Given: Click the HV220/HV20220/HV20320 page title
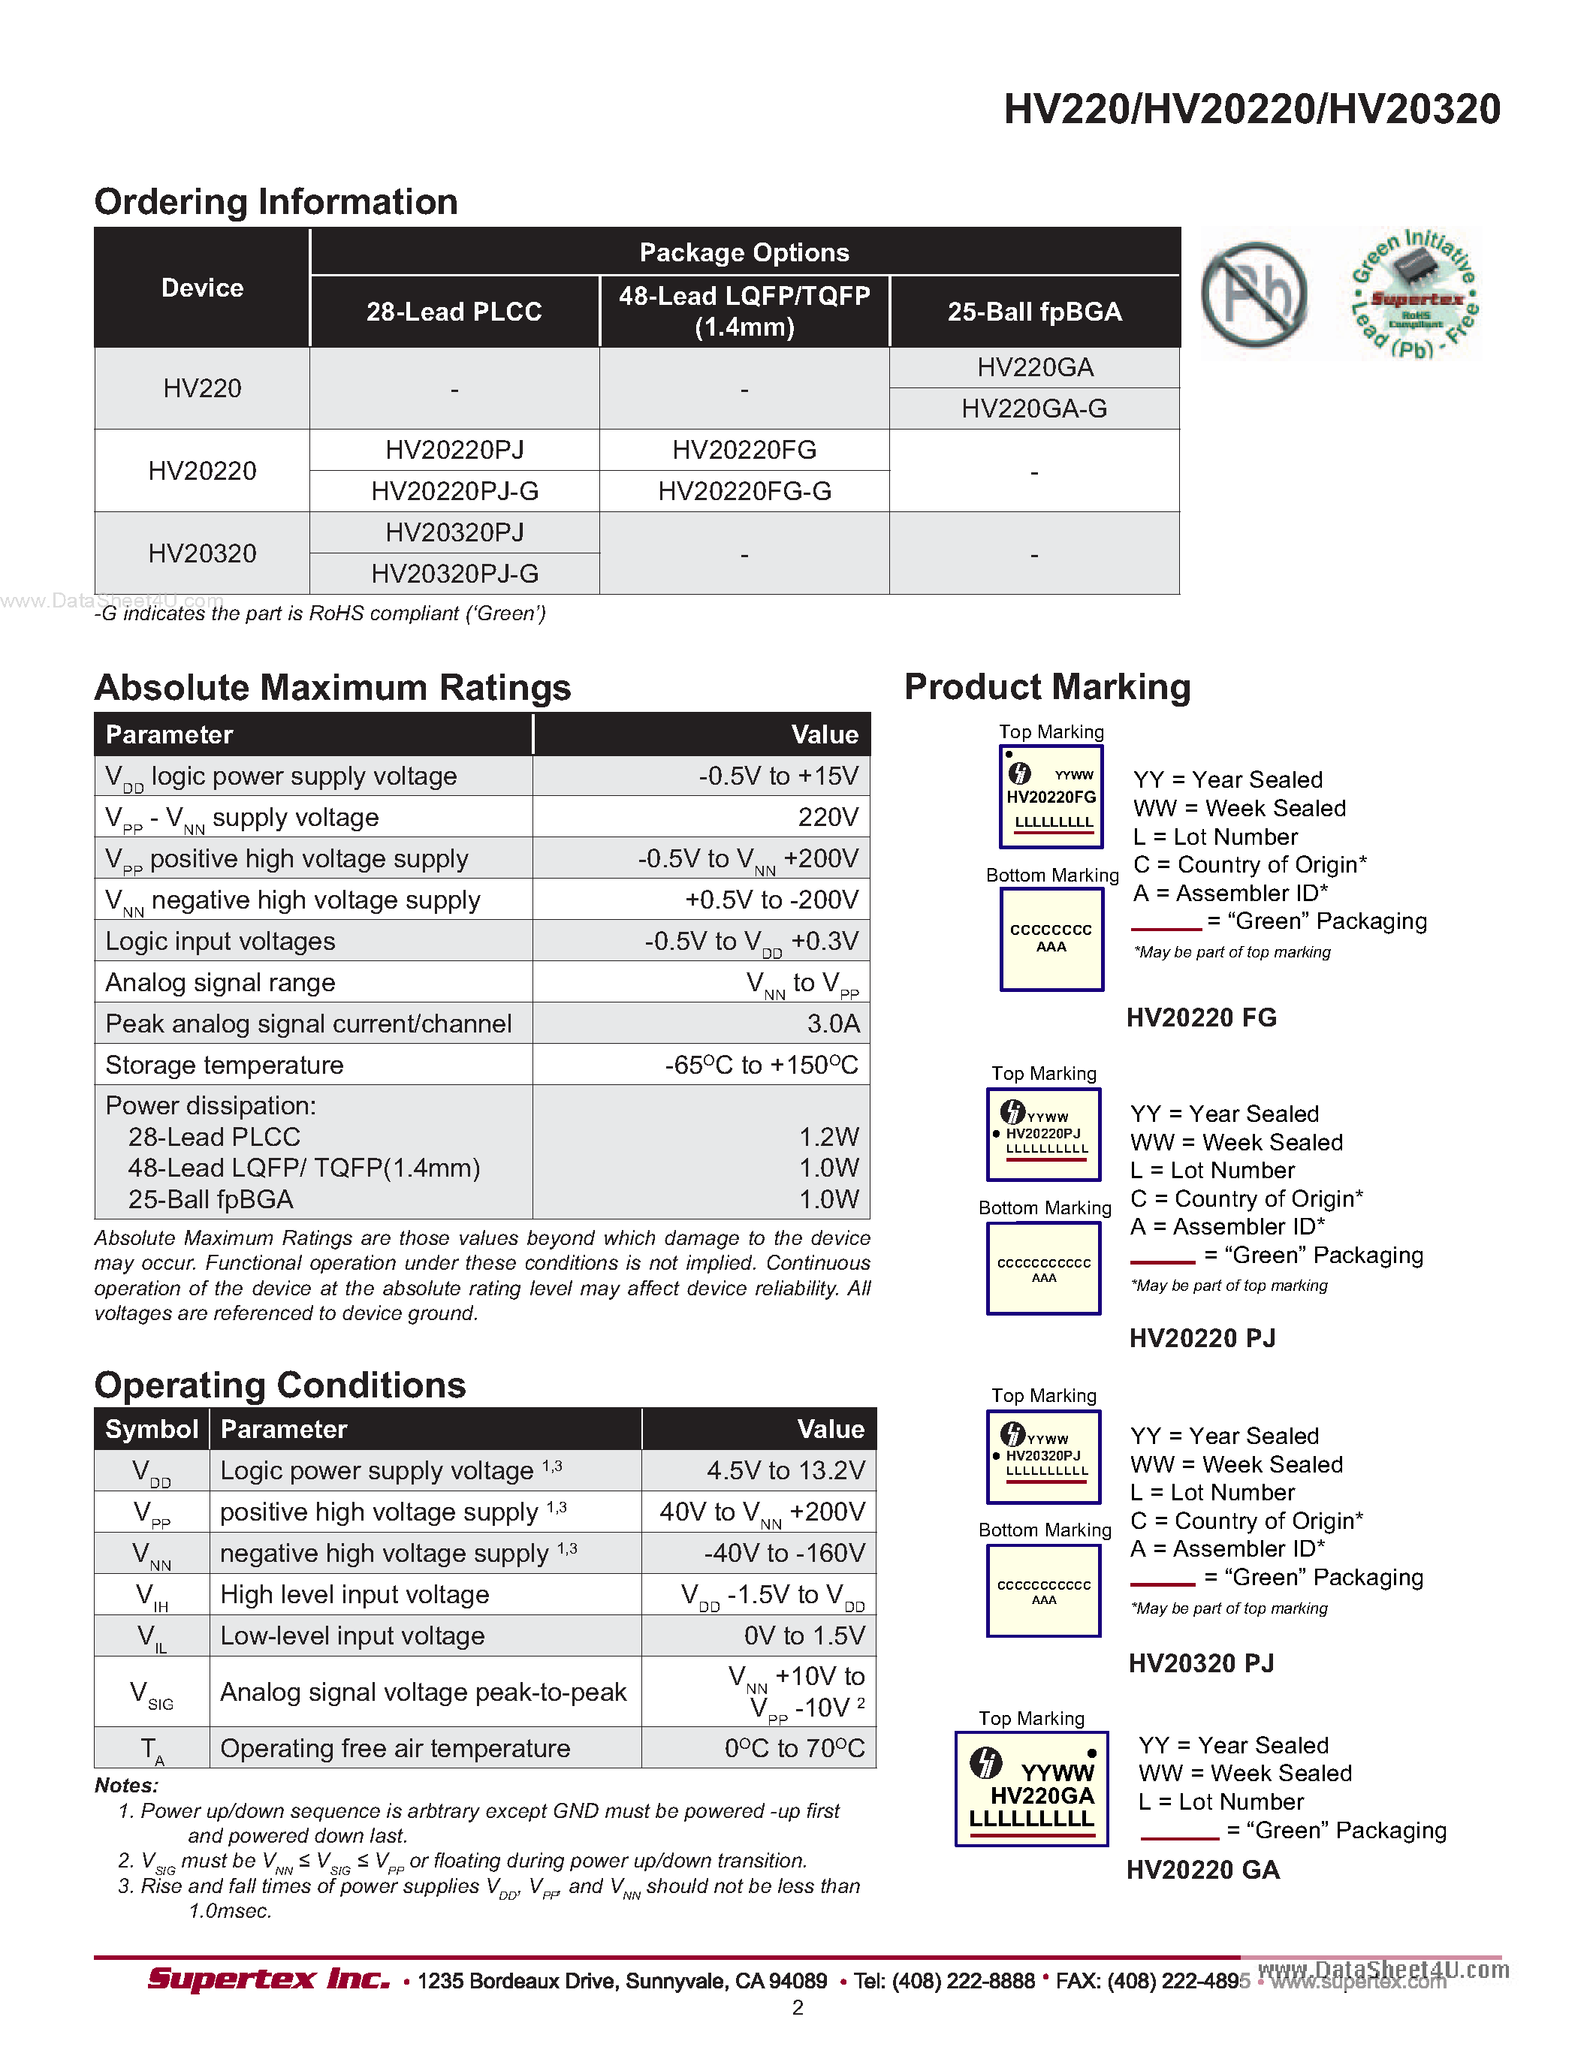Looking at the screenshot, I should pos(1251,110).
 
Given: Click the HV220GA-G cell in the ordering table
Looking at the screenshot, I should pos(1033,408).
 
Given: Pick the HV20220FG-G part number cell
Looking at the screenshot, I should pos(744,492).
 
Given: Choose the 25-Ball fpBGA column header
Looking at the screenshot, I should pos(1034,312).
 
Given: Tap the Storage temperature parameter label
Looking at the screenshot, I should pos(224,1065).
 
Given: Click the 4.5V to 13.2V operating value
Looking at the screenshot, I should pos(785,1470).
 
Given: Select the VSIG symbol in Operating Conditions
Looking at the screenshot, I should pos(151,1693).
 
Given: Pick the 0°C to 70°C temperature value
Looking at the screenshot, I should pos(794,1748).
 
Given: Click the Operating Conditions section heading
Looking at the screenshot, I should pos(280,1385).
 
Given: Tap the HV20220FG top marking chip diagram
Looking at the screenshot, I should pos(1051,797).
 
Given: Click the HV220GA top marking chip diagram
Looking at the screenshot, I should pos(1030,1789).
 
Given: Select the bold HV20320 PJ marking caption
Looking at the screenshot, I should pos(1201,1663).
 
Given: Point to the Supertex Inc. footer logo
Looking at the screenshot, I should pos(269,1979).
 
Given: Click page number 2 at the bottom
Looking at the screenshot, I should pos(797,2007).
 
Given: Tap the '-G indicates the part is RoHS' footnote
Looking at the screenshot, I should pos(321,613).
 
